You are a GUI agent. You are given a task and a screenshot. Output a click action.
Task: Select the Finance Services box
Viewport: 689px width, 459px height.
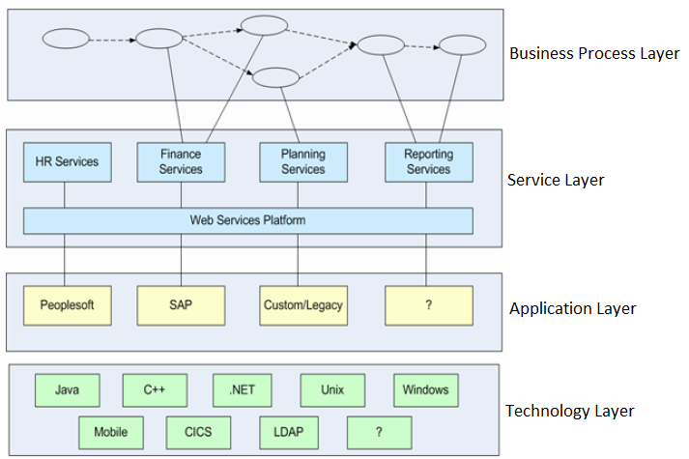pyautogui.click(x=181, y=161)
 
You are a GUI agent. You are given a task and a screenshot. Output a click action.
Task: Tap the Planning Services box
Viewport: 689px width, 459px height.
pyautogui.click(x=302, y=161)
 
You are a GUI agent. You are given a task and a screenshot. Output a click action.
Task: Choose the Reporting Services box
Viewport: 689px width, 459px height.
pyautogui.click(x=428, y=161)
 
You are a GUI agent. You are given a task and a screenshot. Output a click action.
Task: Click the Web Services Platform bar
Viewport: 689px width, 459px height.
pyautogui.click(x=248, y=220)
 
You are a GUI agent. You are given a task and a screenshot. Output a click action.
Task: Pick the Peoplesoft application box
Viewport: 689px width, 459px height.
pyautogui.click(x=67, y=305)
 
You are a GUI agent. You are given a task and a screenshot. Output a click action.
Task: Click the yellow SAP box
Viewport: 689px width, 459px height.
pyautogui.click(x=181, y=305)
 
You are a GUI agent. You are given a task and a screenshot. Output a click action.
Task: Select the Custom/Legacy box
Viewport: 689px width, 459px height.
pyautogui.click(x=302, y=305)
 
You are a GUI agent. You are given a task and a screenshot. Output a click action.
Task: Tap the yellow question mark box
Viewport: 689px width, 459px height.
pyautogui.click(x=428, y=305)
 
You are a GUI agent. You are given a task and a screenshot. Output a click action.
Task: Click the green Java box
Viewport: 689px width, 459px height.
pyautogui.click(x=67, y=390)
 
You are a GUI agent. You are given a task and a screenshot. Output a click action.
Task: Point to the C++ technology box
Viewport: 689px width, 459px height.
pyautogui.click(x=155, y=390)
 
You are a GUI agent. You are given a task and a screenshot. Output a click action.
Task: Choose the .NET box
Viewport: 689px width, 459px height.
pyautogui.click(x=243, y=390)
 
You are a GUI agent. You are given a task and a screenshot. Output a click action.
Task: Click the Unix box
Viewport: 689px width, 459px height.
pyautogui.click(x=332, y=390)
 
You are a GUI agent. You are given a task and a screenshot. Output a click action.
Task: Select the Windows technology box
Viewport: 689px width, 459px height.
pyautogui.click(x=426, y=390)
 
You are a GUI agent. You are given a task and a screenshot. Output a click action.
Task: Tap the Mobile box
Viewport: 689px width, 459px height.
pyautogui.click(x=111, y=432)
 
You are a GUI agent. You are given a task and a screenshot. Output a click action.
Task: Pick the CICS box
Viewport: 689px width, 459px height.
pyautogui.click(x=199, y=432)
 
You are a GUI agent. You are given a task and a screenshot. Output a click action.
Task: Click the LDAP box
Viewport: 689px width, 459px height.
pyautogui.click(x=288, y=432)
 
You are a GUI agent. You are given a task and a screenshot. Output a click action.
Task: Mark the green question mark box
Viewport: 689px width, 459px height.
pyautogui.click(x=379, y=432)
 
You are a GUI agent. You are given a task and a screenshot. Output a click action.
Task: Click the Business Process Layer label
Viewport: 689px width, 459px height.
pyautogui.click(x=594, y=53)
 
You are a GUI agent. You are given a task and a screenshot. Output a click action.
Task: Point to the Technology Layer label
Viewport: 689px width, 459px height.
pyautogui.click(x=570, y=412)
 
